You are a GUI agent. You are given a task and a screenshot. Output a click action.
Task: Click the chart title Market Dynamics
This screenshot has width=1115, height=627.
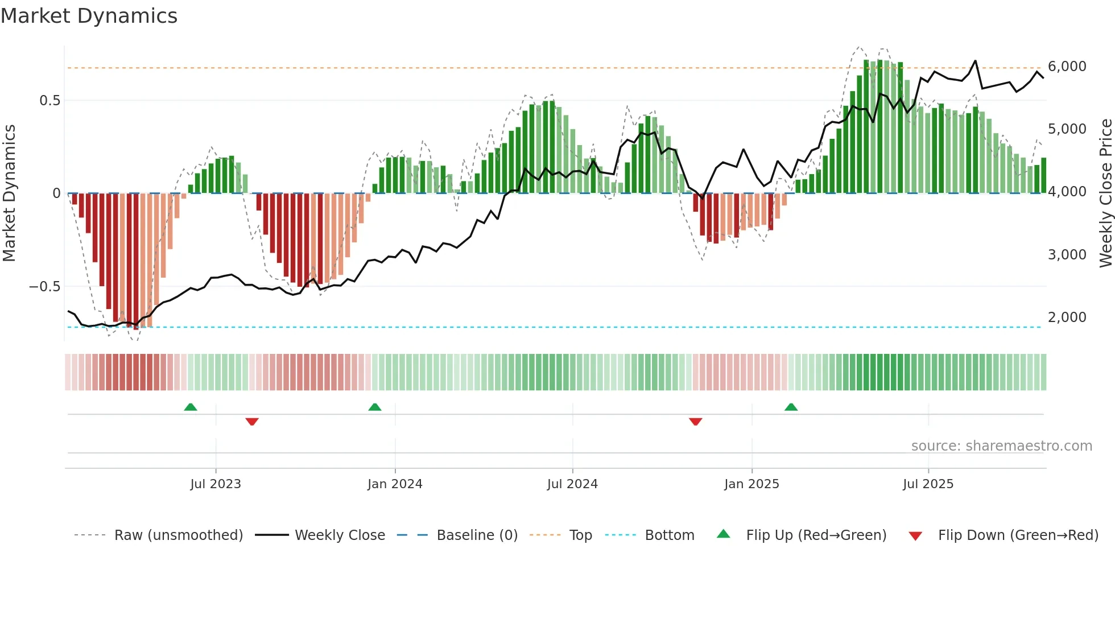[x=89, y=16]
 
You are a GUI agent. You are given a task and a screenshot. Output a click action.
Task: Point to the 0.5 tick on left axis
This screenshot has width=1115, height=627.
[x=49, y=101]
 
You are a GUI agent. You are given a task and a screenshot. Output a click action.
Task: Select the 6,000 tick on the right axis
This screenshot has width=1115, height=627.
[x=1067, y=67]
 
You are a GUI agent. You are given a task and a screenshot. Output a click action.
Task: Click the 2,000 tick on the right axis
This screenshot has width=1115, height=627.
[x=1067, y=317]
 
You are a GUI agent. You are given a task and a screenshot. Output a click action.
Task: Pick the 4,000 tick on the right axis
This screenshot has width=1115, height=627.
[x=1067, y=192]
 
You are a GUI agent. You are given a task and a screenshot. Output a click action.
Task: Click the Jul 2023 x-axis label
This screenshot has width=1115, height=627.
[x=216, y=484]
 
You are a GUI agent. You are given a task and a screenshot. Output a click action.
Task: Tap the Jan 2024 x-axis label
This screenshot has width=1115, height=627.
[x=395, y=484]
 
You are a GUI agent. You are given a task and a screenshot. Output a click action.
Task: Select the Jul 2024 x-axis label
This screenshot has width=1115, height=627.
[x=572, y=484]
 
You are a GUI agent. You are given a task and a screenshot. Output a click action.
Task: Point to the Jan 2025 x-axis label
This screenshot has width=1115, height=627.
[x=751, y=484]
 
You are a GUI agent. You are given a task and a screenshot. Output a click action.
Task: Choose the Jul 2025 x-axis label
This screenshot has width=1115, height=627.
[x=928, y=484]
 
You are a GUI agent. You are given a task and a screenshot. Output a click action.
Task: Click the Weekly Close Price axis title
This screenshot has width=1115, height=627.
[x=1105, y=193]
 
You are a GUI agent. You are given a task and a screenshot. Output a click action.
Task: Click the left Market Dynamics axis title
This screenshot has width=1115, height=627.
[x=9, y=193]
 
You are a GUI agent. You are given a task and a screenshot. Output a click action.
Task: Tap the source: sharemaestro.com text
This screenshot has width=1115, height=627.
[x=1001, y=446]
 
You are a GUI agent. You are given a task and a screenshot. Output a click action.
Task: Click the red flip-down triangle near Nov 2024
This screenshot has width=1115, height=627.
[x=695, y=421]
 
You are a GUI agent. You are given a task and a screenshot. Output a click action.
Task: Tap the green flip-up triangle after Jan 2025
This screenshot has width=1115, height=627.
[x=791, y=407]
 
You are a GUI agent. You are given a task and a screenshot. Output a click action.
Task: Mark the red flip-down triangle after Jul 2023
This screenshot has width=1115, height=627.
[x=252, y=421]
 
